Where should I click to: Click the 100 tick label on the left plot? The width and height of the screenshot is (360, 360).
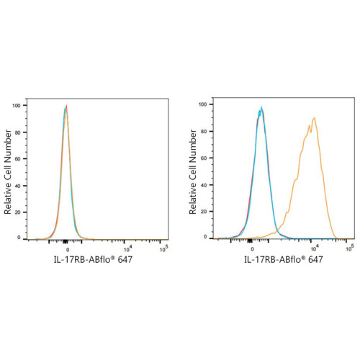(17, 106)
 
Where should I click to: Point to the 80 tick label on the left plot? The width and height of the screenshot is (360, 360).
(17, 132)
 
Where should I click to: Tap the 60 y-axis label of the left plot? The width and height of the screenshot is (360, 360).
(17, 159)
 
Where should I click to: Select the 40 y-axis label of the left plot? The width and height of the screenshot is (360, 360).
(17, 186)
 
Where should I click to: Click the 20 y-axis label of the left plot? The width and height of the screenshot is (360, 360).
(17, 212)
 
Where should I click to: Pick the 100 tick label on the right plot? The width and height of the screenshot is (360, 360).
(203, 104)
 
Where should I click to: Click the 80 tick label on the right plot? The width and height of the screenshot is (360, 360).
(204, 132)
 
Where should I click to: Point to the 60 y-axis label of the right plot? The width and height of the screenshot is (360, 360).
(204, 158)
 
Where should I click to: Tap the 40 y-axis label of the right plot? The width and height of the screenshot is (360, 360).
(204, 185)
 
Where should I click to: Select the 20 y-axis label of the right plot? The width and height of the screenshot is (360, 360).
(204, 212)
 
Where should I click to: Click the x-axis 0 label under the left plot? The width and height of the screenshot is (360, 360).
(68, 250)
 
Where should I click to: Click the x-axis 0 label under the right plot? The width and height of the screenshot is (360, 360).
(252, 249)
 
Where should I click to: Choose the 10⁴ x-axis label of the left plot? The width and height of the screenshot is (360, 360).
(127, 249)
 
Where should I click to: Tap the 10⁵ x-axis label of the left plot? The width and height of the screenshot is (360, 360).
(164, 248)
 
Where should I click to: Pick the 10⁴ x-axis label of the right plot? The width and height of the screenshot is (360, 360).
(315, 248)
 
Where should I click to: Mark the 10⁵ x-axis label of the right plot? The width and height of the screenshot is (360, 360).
(350, 248)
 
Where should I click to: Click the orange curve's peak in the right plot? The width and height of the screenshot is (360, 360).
(314, 117)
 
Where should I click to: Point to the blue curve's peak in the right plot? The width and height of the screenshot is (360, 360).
(261, 107)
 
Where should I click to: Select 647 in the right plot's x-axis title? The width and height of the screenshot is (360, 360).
(315, 259)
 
